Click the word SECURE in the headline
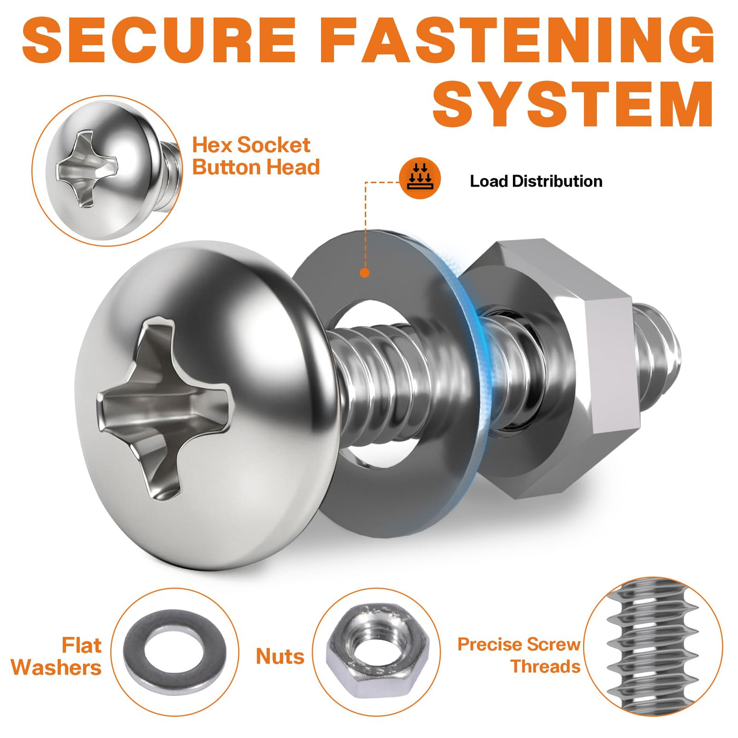159,40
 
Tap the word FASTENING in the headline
517,40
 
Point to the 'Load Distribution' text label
536,181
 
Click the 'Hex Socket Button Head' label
256,156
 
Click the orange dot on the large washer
365,273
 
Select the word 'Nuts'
280,656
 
